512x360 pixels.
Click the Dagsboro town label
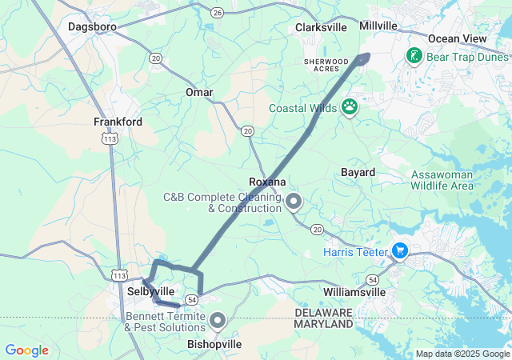[92, 26]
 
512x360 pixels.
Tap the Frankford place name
[118, 122]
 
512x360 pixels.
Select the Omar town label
[199, 93]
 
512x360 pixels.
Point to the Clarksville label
[321, 27]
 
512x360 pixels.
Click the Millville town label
[378, 26]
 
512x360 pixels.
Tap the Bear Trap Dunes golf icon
[414, 56]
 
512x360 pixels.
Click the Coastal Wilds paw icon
[350, 106]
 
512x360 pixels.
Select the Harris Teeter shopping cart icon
[400, 252]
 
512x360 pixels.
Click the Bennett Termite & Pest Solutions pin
[218, 322]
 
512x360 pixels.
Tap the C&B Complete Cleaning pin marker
[294, 202]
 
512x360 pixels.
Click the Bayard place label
[358, 172]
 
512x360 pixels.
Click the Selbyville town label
[150, 291]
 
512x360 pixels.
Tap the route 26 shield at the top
[218, 13]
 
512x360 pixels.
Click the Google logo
[26, 350]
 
